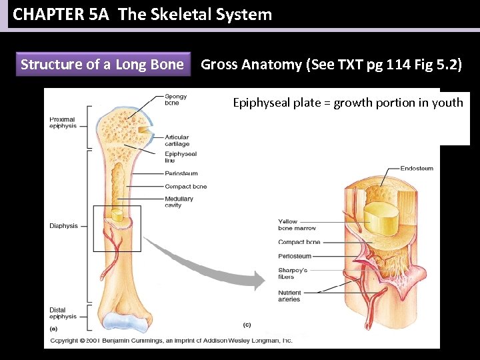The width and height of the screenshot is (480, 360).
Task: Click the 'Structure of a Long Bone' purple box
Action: [102, 65]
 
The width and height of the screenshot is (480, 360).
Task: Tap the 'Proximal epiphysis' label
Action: [62, 123]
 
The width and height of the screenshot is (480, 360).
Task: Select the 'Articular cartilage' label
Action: [177, 141]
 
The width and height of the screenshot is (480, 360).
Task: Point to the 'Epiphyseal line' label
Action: [180, 157]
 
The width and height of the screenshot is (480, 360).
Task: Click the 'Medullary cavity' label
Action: [179, 202]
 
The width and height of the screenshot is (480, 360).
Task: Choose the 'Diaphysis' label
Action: [63, 226]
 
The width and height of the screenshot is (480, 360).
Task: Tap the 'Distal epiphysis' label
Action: [63, 313]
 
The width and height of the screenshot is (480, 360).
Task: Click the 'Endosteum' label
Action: [417, 168]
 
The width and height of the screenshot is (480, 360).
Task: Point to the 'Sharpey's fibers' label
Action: [293, 273]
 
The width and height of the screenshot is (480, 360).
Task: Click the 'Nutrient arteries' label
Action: [289, 296]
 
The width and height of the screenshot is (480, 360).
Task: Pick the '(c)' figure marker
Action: [246, 325]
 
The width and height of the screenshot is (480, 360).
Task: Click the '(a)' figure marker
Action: [54, 329]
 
